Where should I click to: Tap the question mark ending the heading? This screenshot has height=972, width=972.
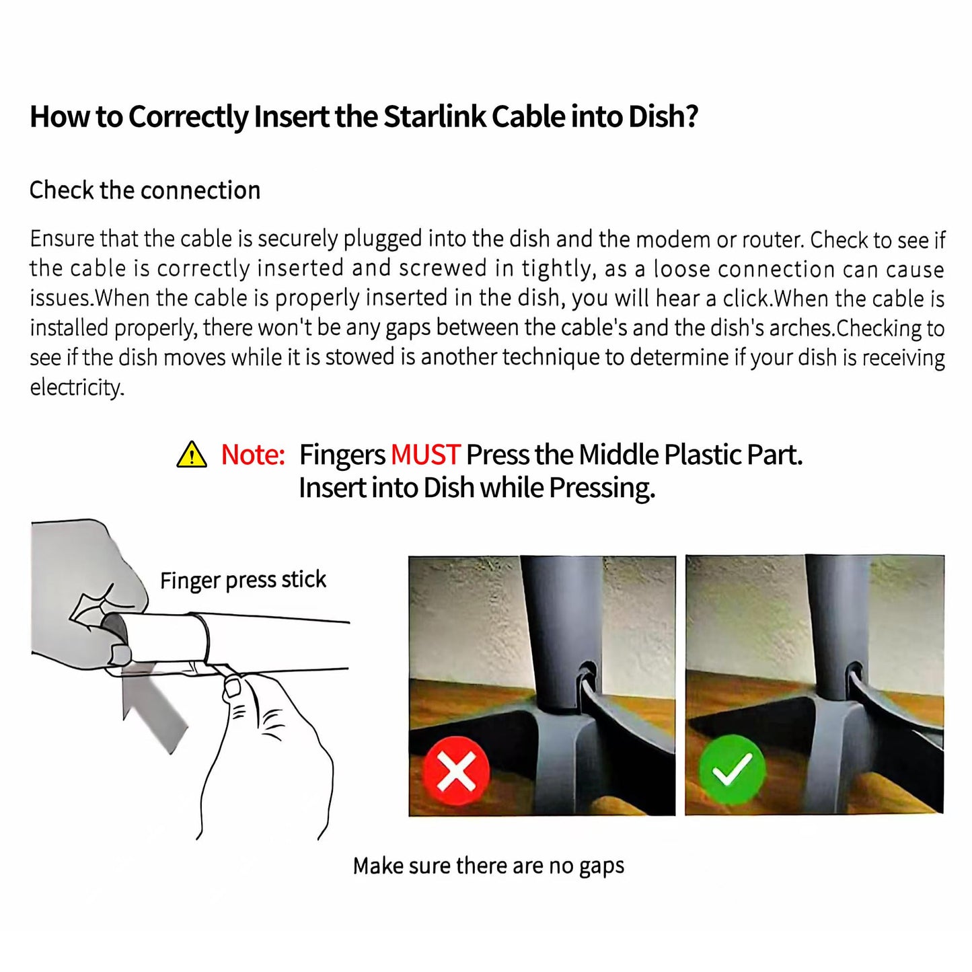(x=691, y=116)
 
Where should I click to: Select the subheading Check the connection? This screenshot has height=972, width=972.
(x=145, y=190)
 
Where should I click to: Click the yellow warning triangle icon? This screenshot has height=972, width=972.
(x=192, y=454)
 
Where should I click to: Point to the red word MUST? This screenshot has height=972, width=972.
(x=425, y=455)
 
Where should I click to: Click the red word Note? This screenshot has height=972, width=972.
(x=253, y=455)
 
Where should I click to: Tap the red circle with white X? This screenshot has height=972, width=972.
(x=456, y=771)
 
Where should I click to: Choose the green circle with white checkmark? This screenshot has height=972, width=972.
(x=732, y=769)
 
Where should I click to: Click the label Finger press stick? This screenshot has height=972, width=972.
(x=243, y=580)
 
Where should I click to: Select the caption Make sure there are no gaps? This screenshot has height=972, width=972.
(x=488, y=866)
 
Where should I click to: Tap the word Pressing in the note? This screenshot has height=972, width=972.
(x=602, y=488)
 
